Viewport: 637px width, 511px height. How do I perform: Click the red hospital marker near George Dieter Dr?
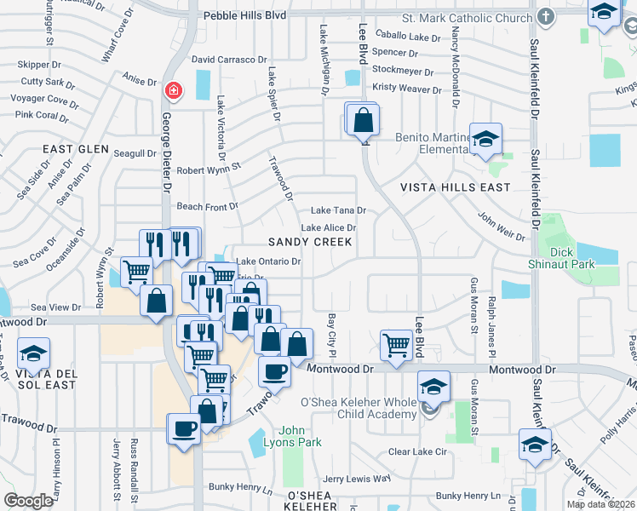(173, 89)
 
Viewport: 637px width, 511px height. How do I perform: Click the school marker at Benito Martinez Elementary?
(485, 139)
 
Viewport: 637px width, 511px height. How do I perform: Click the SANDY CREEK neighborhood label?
(309, 242)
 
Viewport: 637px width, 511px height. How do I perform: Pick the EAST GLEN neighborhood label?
(76, 149)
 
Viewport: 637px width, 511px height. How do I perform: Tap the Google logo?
(28, 500)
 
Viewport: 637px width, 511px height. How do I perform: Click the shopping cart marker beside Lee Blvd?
(396, 344)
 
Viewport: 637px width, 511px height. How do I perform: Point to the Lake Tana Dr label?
(338, 210)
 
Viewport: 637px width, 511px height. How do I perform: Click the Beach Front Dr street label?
(207, 207)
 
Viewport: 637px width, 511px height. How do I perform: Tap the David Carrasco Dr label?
(229, 60)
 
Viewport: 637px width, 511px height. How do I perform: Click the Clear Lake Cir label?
(417, 451)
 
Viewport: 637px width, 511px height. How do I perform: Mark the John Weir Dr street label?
(499, 229)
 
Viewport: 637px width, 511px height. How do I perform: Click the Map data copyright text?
(600, 503)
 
